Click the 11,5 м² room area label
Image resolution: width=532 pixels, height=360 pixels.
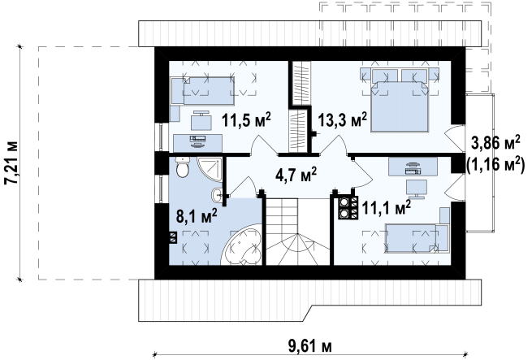pyautogui.click(x=246, y=120)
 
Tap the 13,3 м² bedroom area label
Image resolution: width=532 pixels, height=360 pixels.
pyautogui.click(x=342, y=119)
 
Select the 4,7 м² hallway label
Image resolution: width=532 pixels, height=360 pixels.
pyautogui.click(x=296, y=175)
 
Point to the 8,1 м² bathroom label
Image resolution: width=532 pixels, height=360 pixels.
pyautogui.click(x=197, y=215)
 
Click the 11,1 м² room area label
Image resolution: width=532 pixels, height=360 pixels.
pyautogui.click(x=387, y=207)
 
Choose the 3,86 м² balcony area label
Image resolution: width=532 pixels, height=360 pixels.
pyautogui.click(x=495, y=143)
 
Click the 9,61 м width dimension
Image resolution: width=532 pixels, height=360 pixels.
pyautogui.click(x=310, y=346)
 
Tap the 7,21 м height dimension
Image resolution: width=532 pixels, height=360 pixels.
pyautogui.click(x=11, y=163)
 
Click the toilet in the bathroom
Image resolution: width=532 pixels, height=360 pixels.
pyautogui.click(x=182, y=167)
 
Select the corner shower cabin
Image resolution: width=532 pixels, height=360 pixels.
pyautogui.click(x=210, y=170)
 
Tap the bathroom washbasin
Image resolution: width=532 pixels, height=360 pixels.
pyautogui.click(x=217, y=195)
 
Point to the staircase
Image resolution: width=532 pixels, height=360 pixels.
pyautogui.click(x=297, y=232)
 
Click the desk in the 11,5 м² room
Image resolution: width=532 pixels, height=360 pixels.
pyautogui.click(x=198, y=143)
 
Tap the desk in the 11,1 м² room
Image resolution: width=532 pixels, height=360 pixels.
pyautogui.click(x=413, y=167)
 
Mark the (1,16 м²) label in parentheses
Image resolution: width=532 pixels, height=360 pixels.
pyautogui.click(x=495, y=165)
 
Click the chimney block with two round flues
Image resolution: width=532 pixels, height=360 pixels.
pyautogui.click(x=348, y=207)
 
